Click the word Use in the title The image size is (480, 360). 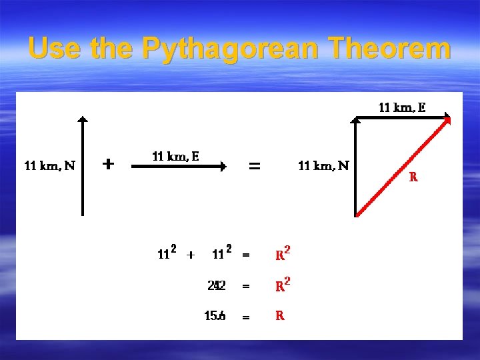coord(53,49)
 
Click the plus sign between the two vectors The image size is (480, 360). coord(109,163)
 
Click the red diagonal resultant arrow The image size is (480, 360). coord(403,167)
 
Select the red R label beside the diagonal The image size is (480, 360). coord(413,177)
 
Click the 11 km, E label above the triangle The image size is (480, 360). coord(402,107)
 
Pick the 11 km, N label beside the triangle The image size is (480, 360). coord(323,165)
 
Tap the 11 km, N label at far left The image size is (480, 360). coord(49,165)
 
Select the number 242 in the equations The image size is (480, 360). coord(216,285)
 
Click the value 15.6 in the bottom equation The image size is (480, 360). coord(215,316)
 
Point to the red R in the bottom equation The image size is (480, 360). coord(280,316)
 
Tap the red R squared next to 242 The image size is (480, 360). coord(283,285)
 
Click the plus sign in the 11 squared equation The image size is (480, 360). coord(191,254)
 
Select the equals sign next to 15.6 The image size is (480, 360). coord(246,317)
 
